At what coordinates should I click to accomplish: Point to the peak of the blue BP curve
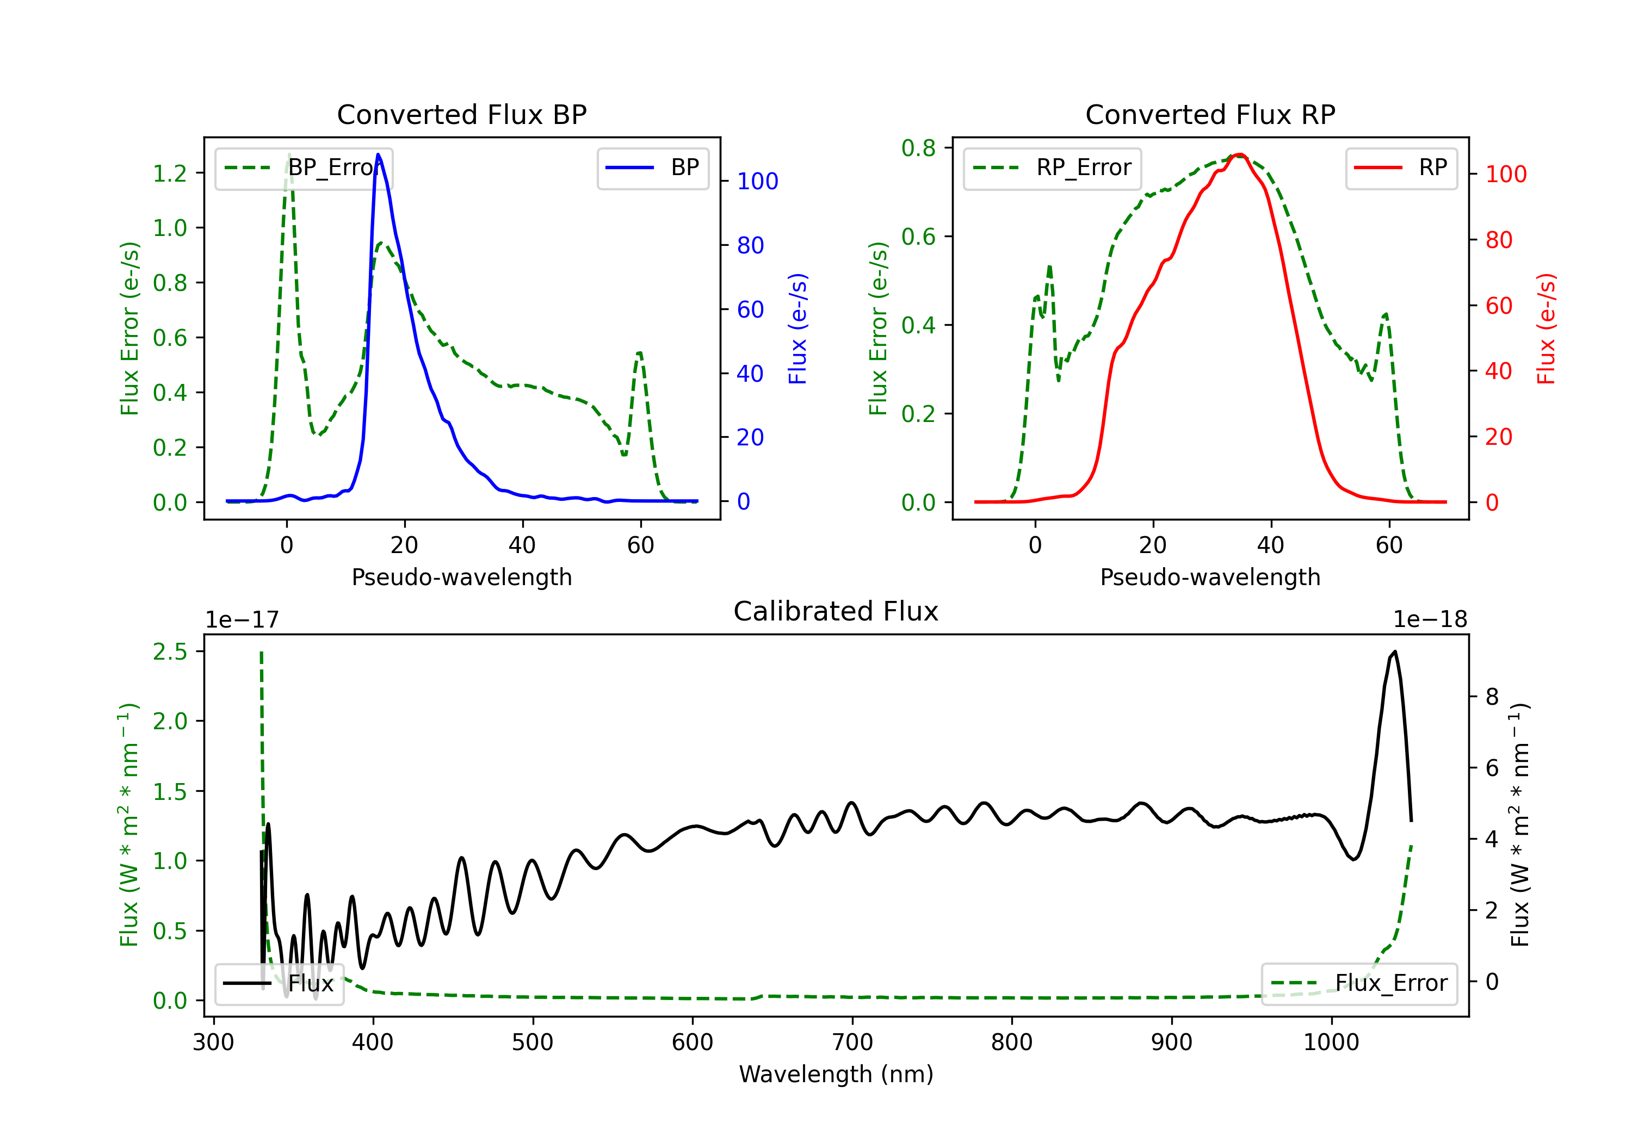(378, 155)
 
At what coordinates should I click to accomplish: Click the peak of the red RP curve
(1239, 155)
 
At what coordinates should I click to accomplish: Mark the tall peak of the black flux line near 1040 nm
(1395, 651)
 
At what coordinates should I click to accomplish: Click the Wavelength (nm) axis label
(836, 1074)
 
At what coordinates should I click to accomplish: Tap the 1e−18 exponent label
(1430, 620)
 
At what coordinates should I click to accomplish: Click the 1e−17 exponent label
(242, 620)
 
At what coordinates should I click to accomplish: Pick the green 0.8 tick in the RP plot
(918, 148)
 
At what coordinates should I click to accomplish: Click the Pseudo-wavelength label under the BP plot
(461, 577)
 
